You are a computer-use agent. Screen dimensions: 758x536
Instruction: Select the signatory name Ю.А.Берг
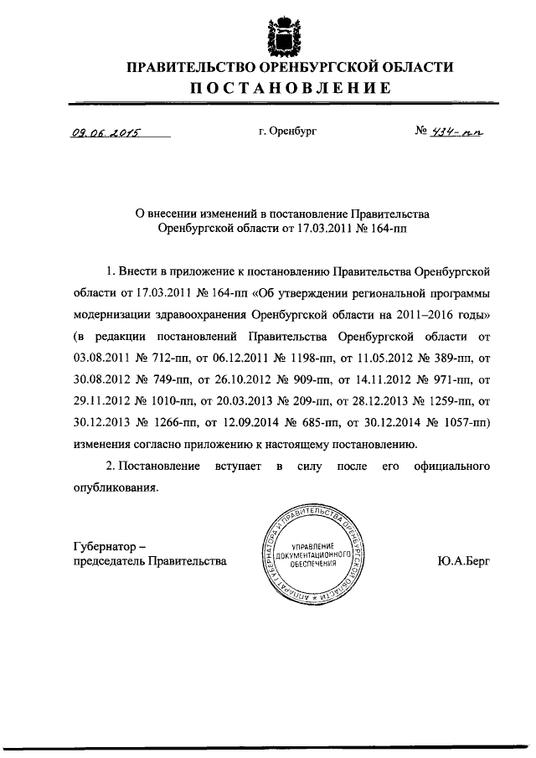tap(463, 561)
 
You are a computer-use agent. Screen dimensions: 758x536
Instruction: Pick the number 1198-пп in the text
tap(301, 379)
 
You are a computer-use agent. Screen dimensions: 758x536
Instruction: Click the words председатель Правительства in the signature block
tap(150, 561)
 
